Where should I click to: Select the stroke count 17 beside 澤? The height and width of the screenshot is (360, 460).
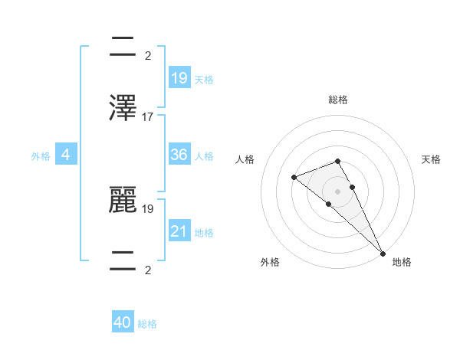coord(148,117)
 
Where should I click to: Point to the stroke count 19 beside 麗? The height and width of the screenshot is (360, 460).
coord(148,208)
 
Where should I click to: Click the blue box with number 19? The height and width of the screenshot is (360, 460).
coord(179,77)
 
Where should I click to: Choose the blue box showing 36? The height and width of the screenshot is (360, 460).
coord(179,155)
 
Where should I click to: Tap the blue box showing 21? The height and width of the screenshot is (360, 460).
coord(179,231)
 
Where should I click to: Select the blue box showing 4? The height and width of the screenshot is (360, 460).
coord(66,155)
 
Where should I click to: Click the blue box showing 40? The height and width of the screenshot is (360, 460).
coord(123,322)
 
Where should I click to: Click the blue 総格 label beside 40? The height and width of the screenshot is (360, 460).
coord(147,324)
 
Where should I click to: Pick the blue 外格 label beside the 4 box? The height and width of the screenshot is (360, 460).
coord(41,156)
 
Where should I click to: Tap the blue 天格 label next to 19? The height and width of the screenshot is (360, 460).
coord(204,79)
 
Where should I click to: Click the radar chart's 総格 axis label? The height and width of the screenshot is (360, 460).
coord(338,100)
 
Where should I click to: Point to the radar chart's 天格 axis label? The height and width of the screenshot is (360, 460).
coord(431,159)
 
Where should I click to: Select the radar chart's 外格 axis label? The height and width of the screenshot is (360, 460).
coord(270,262)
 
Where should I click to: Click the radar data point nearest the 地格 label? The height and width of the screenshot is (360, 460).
coord(382,252)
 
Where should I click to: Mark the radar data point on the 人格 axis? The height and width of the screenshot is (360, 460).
coord(294,177)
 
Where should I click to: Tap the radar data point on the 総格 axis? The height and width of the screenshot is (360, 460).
coord(338,161)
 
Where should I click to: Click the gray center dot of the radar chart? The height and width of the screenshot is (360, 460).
coord(338,191)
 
